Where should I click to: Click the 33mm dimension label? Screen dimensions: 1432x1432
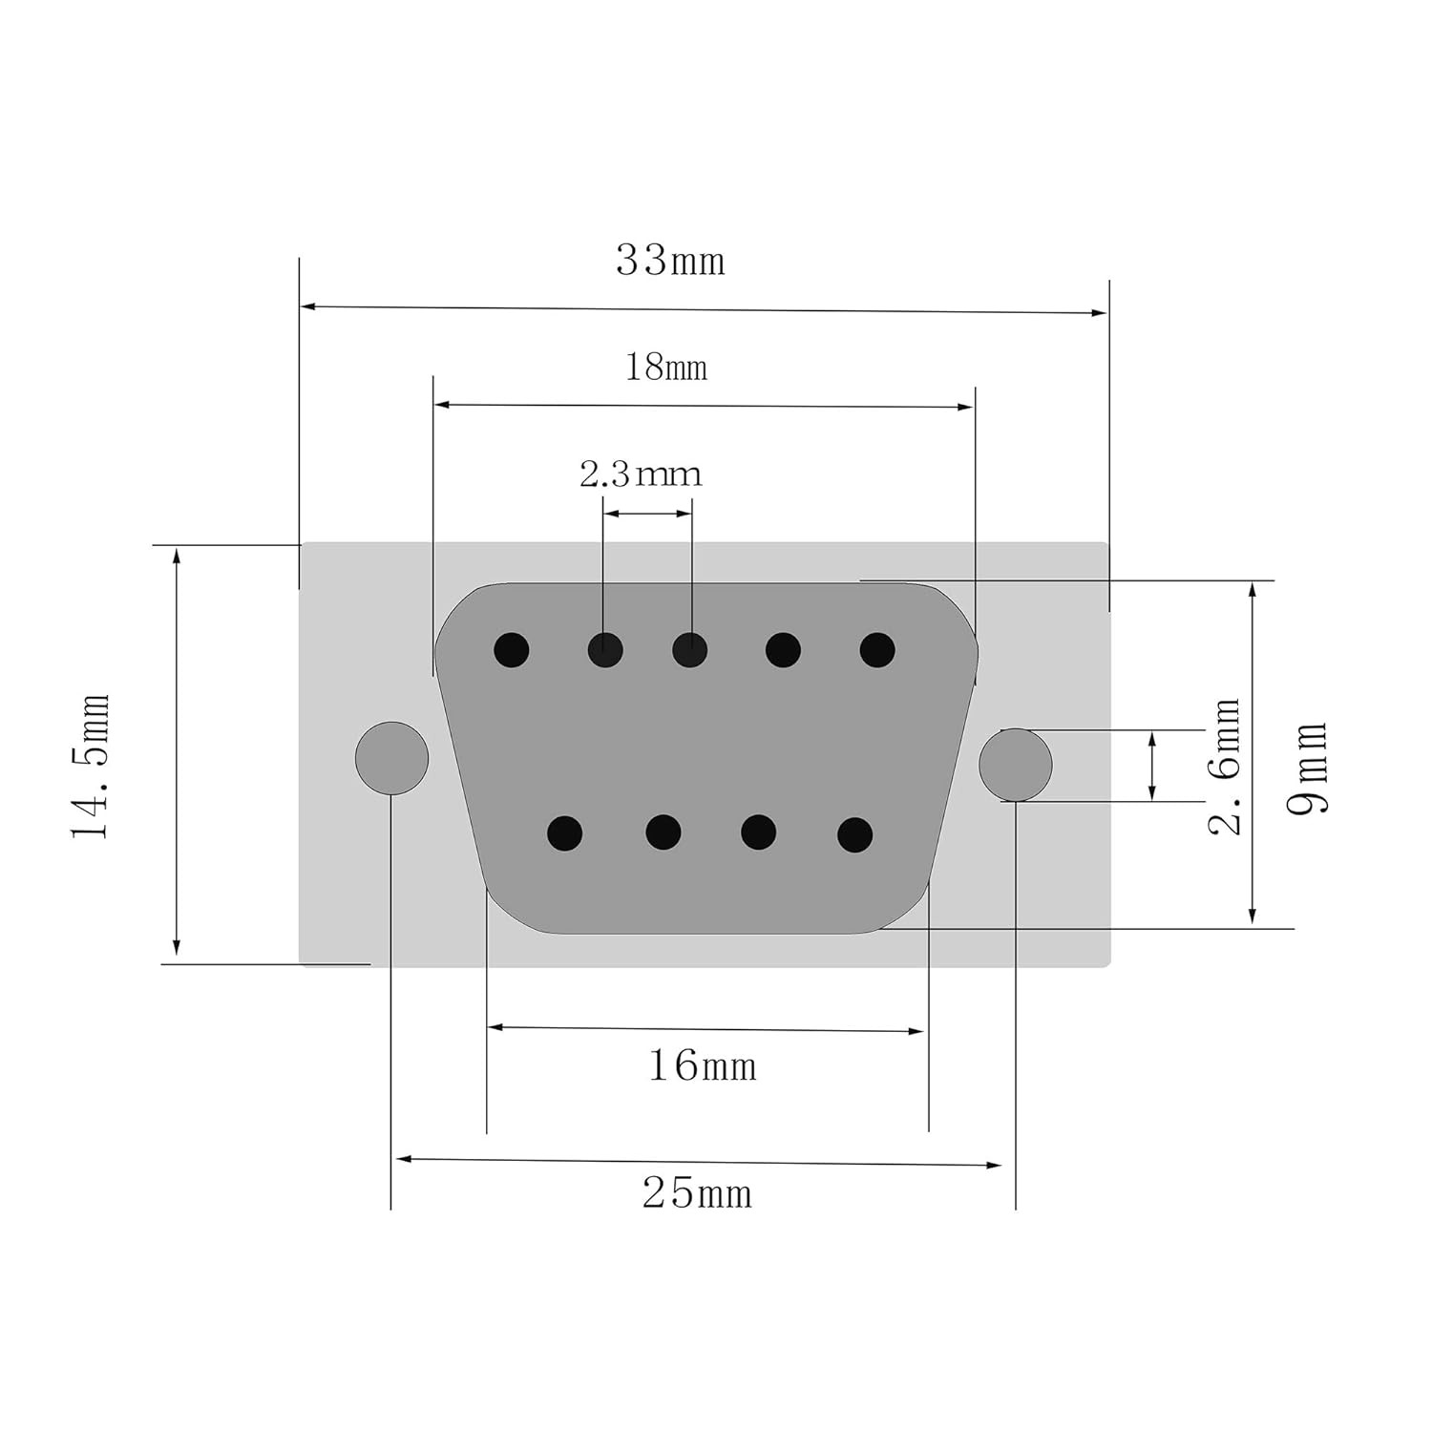point(670,260)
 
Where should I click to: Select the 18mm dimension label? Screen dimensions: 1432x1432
point(666,367)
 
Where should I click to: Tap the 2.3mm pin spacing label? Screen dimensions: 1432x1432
point(641,474)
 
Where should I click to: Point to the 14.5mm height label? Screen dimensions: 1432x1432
point(91,767)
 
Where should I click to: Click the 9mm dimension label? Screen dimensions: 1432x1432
point(1307,767)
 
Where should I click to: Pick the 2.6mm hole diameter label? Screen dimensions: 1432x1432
point(1225,767)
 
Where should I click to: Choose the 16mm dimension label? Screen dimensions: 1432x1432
point(703,1065)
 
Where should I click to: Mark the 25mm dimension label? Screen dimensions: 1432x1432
point(697,1193)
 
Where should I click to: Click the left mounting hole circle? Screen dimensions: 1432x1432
point(391,758)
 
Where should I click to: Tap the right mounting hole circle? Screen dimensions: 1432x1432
point(1016,765)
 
